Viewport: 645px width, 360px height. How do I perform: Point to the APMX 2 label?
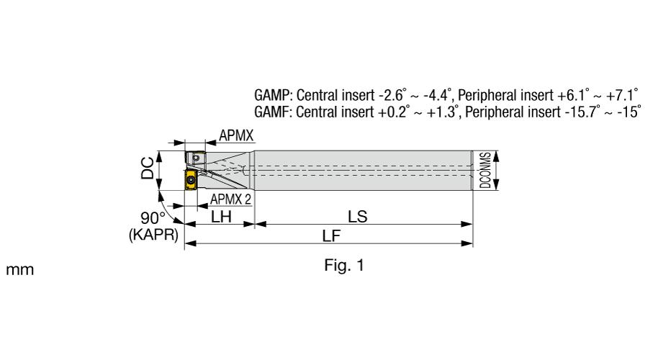230,199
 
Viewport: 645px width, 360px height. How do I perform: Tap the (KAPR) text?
153,235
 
